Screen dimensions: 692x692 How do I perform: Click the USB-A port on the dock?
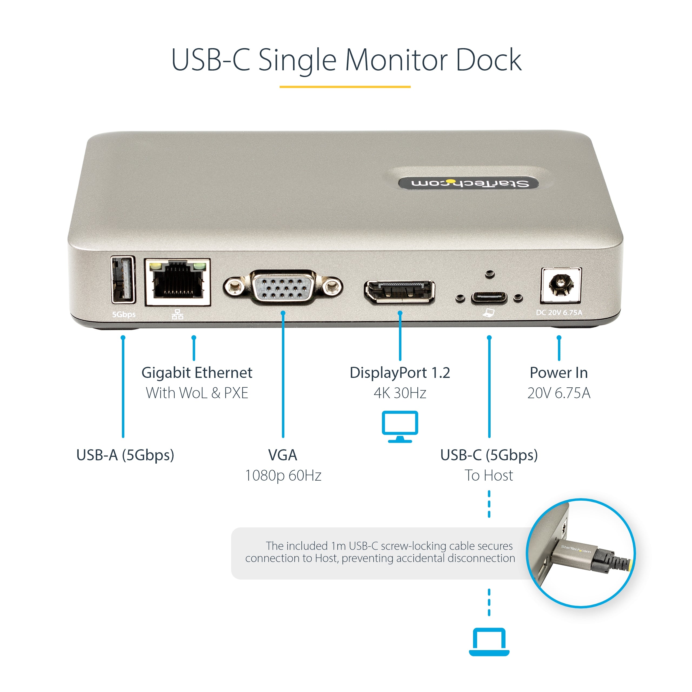(123, 280)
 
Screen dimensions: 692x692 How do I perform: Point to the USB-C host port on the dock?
(489, 298)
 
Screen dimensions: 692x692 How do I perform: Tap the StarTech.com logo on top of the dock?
(469, 183)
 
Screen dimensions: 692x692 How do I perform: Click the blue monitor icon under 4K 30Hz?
(400, 426)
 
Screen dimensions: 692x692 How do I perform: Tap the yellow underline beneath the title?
(345, 87)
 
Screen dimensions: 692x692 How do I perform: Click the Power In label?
(558, 373)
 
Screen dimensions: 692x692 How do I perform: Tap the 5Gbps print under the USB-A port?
(124, 314)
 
